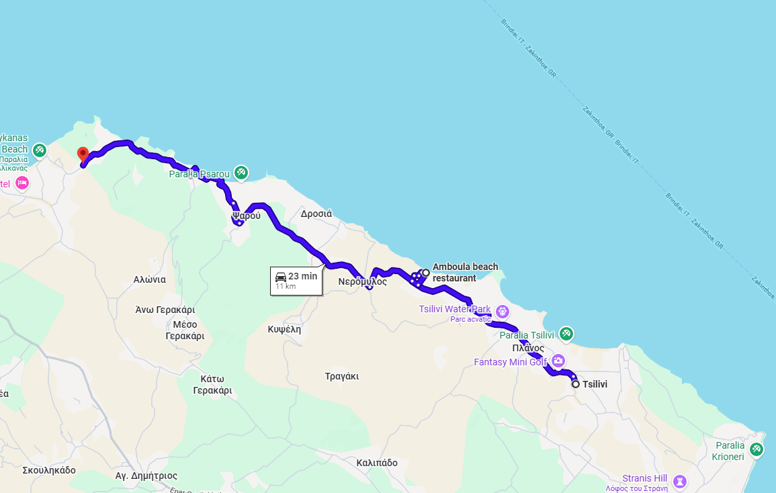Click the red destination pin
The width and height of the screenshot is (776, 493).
pos(83,154)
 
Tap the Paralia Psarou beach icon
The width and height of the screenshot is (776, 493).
pos(241,173)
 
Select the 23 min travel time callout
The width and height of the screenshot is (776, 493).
pos(296,280)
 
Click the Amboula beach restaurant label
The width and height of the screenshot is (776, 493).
pos(465,272)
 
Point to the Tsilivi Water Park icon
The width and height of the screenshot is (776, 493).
pos(503,311)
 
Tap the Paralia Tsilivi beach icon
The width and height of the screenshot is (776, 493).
pos(566,333)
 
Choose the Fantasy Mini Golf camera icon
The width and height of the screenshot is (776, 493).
pos(558,361)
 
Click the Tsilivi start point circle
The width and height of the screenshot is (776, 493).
pos(576,384)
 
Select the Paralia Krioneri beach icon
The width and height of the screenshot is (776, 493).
pos(757,449)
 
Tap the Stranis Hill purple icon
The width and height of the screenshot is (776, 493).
pos(680,481)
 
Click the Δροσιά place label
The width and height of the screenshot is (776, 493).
pos(316,214)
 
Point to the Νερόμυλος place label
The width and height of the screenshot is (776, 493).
pos(362,281)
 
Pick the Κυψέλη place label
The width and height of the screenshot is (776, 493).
pos(284,329)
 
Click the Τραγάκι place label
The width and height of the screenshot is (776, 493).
pos(341,376)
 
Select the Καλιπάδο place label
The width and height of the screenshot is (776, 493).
pos(377,463)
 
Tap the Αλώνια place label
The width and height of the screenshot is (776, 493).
pos(149,279)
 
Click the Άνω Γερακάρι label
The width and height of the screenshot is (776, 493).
pos(165,310)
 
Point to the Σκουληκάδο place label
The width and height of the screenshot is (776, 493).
pos(49,469)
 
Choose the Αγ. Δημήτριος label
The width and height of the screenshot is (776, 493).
pos(146,476)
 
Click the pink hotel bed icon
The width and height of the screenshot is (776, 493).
pos(21,183)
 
